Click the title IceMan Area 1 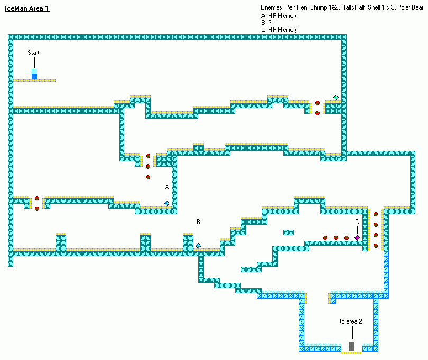(x=27, y=8)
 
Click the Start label (x=33, y=53)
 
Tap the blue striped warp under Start (x=34, y=73)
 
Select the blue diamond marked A (x=167, y=204)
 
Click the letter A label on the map (x=167, y=187)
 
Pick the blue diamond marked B (x=198, y=246)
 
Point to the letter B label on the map (x=198, y=222)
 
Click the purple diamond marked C (x=357, y=238)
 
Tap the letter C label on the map (x=357, y=222)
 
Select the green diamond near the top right (x=336, y=98)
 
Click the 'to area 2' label (x=351, y=321)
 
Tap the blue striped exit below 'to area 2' (x=352, y=346)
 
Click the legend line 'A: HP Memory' (x=279, y=16)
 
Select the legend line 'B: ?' (x=267, y=23)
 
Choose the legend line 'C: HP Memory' (x=279, y=30)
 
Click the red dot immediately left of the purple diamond (x=347, y=238)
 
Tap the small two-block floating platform (x=288, y=233)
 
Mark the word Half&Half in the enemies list (x=353, y=7)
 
